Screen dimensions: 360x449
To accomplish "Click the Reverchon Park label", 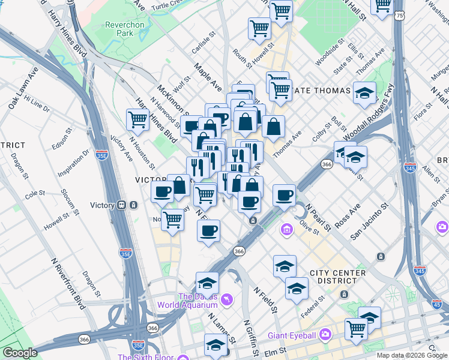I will pyautogui.click(x=119, y=29).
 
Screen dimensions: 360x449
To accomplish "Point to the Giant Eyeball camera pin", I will pyautogui.click(x=325, y=333).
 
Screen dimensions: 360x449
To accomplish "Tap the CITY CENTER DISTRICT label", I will pyautogui.click(x=337, y=277).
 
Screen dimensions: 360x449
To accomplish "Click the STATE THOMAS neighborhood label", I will pyautogui.click(x=322, y=91).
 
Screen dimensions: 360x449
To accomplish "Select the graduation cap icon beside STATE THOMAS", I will pyautogui.click(x=364, y=93).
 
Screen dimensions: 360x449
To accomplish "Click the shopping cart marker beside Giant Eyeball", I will pyautogui.click(x=356, y=329).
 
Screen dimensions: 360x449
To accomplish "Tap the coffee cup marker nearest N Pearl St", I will pyautogui.click(x=285, y=194).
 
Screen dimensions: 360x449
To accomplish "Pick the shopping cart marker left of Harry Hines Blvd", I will pyautogui.click(x=138, y=119).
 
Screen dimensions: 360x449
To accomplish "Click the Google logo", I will pyautogui.click(x=20, y=352).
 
